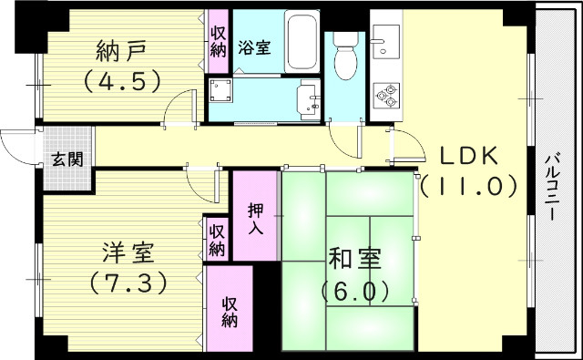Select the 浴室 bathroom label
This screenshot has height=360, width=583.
coord(254,48)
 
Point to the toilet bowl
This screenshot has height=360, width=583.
coord(345,62)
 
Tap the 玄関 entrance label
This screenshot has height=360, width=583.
coord(66,160)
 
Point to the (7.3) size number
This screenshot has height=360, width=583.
coord(127,283)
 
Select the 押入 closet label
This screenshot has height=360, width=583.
coord(256,216)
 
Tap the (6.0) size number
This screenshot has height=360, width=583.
coord(355,291)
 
